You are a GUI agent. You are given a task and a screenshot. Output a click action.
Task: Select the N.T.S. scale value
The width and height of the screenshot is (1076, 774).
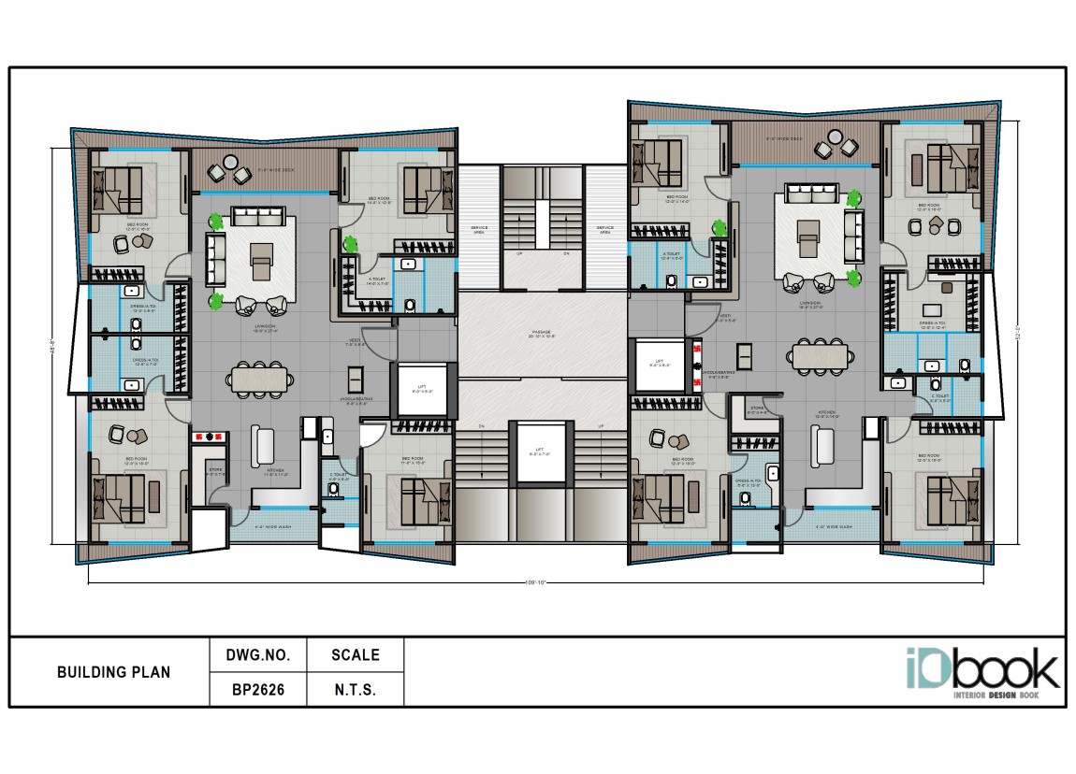pos(355,691)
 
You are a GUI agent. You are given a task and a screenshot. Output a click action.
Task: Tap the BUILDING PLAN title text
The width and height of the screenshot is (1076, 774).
pos(113,672)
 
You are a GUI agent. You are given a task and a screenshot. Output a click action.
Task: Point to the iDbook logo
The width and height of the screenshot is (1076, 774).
pos(981,670)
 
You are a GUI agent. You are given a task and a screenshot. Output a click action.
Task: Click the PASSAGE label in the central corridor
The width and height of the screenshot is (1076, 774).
pos(542,333)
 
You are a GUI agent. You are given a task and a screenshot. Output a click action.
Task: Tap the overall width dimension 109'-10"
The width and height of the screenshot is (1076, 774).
pos(535,583)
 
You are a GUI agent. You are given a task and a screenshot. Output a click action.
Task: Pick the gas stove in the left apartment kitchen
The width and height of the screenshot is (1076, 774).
pos(211,435)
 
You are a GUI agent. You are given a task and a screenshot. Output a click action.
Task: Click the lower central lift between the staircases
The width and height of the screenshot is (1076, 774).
pos(541,453)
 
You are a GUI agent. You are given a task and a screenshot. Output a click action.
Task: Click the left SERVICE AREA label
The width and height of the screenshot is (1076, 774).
pos(479,229)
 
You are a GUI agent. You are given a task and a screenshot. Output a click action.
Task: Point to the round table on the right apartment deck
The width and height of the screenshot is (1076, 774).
pos(834,137)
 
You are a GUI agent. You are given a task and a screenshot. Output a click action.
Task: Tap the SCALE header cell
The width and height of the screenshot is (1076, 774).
pos(355,655)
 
